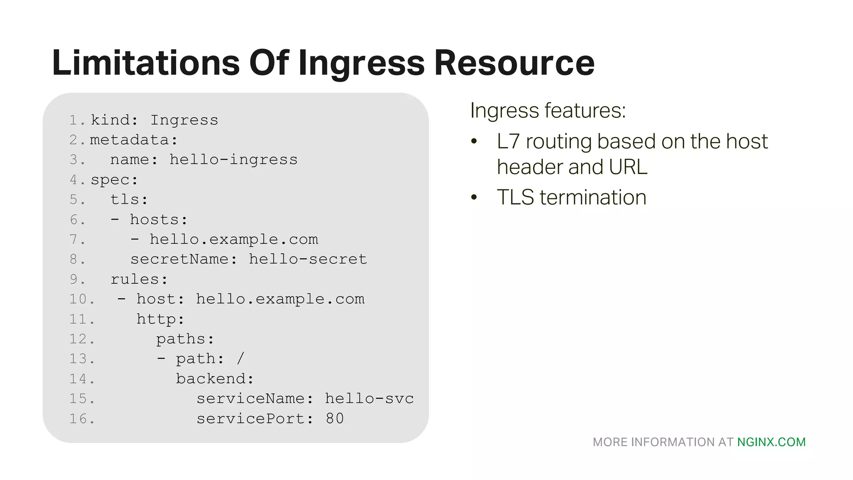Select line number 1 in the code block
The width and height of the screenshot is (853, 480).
(74, 120)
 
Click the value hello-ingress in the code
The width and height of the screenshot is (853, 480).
(233, 160)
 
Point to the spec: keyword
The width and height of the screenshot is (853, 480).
(114, 180)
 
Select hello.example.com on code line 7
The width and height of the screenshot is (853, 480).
(234, 239)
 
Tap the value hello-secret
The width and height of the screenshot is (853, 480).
(308, 259)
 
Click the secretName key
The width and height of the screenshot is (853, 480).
(179, 259)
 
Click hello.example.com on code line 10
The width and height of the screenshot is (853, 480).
(280, 299)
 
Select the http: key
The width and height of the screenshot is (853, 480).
(160, 319)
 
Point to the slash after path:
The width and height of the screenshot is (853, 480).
(240, 359)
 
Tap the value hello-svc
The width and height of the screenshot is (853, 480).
(369, 399)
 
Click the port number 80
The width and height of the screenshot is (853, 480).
(335, 419)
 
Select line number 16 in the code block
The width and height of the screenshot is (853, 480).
(79, 419)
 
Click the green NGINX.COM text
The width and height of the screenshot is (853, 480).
(771, 442)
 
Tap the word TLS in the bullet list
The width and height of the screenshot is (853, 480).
(515, 197)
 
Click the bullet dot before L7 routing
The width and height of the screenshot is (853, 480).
(474, 142)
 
